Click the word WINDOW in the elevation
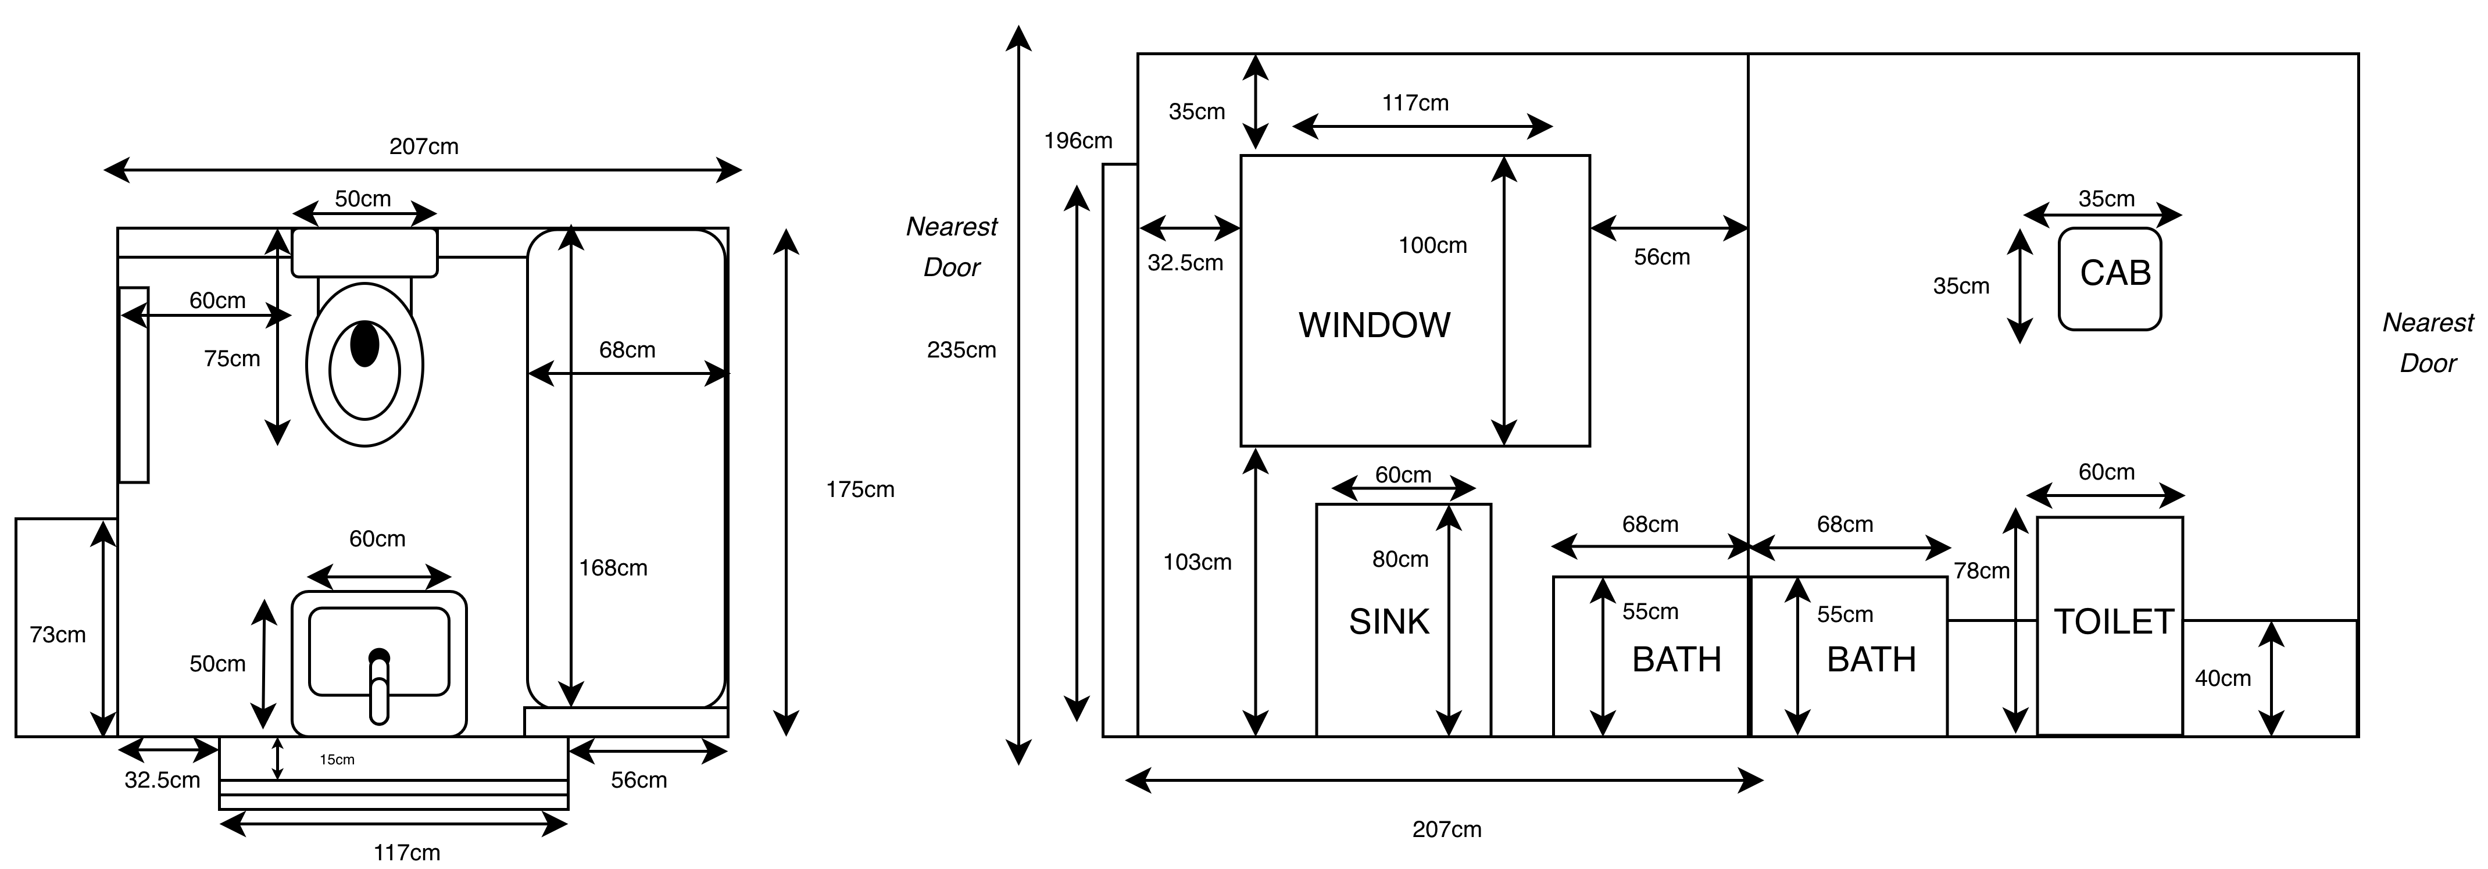(1374, 326)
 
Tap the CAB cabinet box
(2110, 279)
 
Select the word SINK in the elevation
(1389, 622)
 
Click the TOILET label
(2113, 622)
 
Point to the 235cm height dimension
(961, 351)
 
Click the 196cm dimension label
(1078, 141)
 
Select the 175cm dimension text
(860, 489)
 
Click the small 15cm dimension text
(337, 760)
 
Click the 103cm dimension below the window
(1197, 562)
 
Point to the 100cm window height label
(1432, 245)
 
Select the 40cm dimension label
(2222, 679)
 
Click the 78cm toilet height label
(1981, 571)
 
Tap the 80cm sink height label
(1400, 559)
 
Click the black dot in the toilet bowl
(364, 345)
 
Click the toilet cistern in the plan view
(364, 252)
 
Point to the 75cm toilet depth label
(232, 359)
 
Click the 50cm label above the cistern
(363, 199)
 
